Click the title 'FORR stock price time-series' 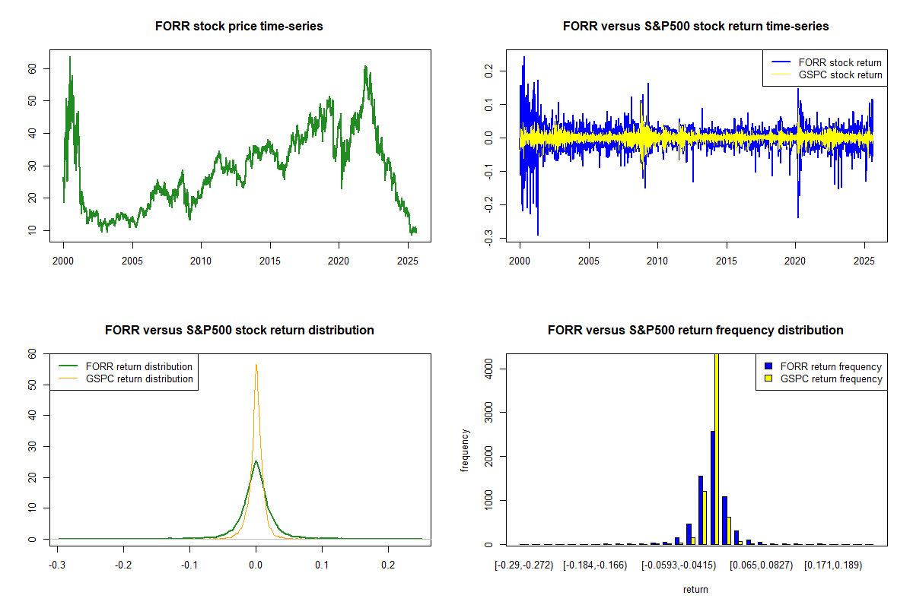tap(239, 27)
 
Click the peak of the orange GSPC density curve tap(256, 366)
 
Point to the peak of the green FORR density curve tap(256, 461)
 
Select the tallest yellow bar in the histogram tap(716, 448)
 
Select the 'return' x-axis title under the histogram tap(695, 589)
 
